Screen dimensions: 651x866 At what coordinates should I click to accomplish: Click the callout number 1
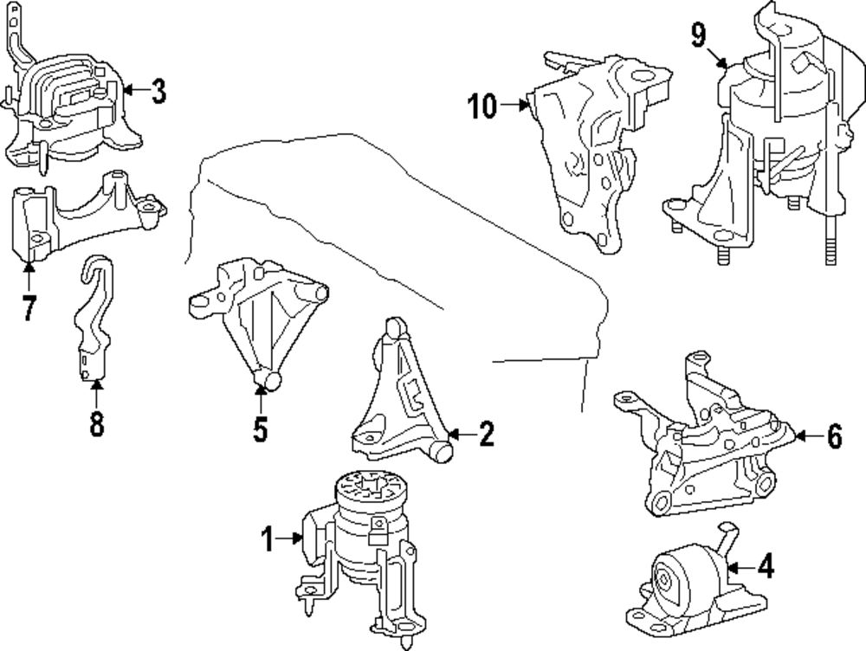click(268, 541)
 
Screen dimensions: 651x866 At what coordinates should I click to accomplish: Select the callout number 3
click(158, 92)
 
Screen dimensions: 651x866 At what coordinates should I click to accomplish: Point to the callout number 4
click(766, 568)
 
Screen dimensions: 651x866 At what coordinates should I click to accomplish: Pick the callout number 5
click(261, 429)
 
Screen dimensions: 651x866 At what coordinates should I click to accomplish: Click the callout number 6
click(833, 438)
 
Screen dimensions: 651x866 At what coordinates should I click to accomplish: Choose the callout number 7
click(29, 307)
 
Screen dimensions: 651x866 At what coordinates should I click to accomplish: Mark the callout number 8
click(96, 423)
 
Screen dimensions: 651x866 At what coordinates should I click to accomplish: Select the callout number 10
click(482, 107)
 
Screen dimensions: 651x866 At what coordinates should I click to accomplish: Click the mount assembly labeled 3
click(65, 108)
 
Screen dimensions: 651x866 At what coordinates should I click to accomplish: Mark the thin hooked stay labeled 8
click(90, 320)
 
